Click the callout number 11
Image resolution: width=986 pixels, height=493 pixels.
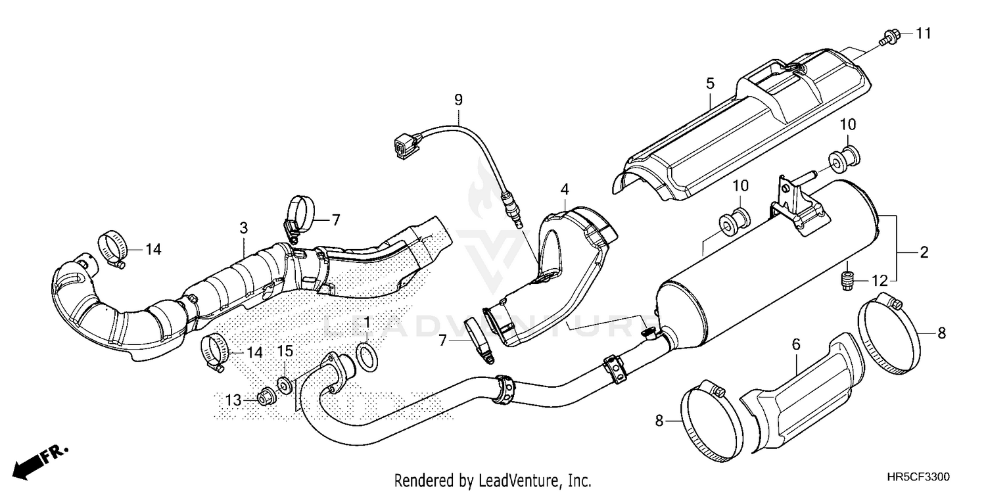coord(924,33)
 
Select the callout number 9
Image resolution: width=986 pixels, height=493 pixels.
coord(458,100)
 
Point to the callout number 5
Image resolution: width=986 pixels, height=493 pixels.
coord(710,83)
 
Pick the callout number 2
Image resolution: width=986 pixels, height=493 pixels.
coord(924,252)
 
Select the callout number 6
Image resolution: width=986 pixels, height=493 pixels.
coord(795,344)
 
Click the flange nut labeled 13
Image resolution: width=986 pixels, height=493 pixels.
coord(266,397)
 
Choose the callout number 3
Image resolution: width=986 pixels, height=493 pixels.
coord(243,228)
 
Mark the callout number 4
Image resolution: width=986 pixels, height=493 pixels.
coord(564,190)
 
